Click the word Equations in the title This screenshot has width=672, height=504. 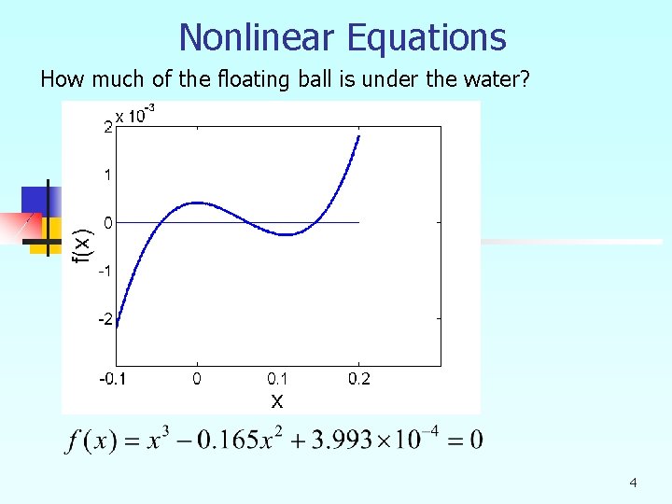click(426, 37)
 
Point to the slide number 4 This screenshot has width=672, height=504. click(634, 483)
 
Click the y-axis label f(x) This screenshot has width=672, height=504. click(83, 245)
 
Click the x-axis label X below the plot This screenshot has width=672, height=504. click(277, 401)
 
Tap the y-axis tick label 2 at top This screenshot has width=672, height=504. click(108, 128)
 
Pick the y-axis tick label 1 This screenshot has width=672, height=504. click(108, 175)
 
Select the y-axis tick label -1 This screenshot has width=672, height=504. click(106, 271)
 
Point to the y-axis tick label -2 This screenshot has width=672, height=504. click(106, 319)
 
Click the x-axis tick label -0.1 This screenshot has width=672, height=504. click(115, 379)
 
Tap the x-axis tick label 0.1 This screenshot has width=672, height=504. click(277, 379)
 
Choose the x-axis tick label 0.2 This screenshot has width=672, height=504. click(358, 379)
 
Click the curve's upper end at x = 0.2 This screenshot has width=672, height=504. click(359, 136)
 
